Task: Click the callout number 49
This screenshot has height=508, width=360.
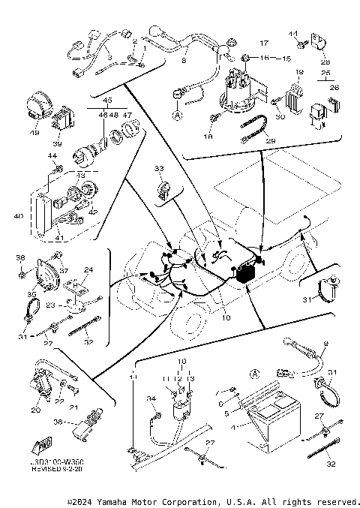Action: pos(34,133)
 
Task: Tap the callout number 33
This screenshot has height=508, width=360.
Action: pos(159,169)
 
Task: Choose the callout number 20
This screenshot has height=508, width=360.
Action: pos(35,410)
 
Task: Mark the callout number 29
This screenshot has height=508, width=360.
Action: pos(271,141)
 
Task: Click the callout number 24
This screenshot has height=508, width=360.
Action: pos(88,270)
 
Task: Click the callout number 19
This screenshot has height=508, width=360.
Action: pos(298,72)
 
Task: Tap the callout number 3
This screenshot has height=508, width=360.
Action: pos(109,57)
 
